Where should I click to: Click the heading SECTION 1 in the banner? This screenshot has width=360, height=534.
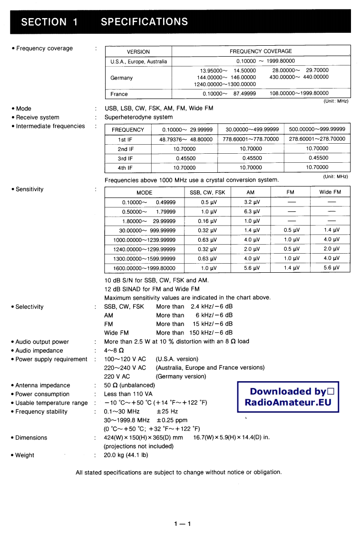click(49, 22)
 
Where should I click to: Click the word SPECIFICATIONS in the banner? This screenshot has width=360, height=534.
click(144, 22)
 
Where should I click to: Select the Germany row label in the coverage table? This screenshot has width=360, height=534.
click(122, 78)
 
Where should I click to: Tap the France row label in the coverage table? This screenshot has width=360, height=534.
click(119, 94)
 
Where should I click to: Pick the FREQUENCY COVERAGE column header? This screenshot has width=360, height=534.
click(261, 51)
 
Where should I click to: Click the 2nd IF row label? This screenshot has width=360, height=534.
click(126, 148)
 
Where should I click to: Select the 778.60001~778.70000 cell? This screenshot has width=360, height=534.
click(251, 139)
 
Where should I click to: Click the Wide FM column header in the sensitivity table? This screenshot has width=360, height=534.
click(330, 192)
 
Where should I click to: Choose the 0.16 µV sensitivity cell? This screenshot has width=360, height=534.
click(207, 221)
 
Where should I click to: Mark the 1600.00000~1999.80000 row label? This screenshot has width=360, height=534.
click(144, 267)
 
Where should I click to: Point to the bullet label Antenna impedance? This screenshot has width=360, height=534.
click(43, 385)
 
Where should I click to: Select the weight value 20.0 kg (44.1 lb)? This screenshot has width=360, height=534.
click(126, 455)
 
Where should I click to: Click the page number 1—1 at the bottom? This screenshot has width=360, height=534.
click(182, 524)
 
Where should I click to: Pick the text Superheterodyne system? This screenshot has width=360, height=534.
click(138, 117)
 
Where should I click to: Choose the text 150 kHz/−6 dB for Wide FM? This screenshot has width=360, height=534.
click(211, 333)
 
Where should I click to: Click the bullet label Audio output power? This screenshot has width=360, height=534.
click(42, 342)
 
